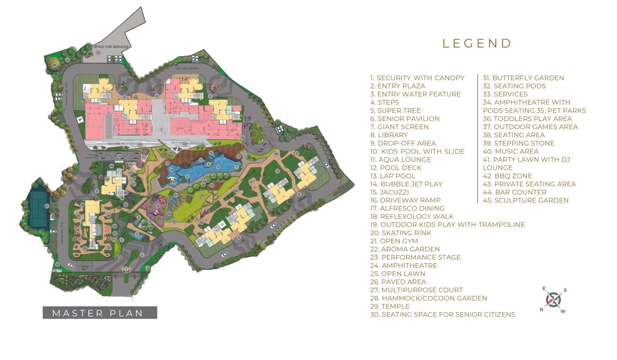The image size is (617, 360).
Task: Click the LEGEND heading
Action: click(477, 44)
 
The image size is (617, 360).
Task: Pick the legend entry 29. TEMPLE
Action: click(390, 306)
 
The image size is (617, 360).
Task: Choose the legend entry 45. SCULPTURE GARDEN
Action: click(526, 200)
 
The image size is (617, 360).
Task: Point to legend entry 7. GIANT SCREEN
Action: click(399, 127)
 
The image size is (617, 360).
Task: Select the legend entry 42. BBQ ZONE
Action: click(507, 176)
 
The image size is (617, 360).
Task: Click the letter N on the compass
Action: click(542, 309)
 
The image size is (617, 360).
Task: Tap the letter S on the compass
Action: click(565, 290)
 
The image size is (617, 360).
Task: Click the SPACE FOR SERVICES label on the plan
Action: click(111, 47)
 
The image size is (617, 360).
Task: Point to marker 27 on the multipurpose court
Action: click(47, 206)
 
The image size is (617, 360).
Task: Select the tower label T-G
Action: click(134, 97)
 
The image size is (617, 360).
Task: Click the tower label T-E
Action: click(247, 117)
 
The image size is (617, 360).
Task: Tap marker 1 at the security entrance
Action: click(126, 269)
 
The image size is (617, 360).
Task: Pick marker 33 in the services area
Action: click(98, 52)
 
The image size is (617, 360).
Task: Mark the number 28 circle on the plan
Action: click(55, 65)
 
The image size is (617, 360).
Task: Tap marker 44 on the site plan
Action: click(112, 165)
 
